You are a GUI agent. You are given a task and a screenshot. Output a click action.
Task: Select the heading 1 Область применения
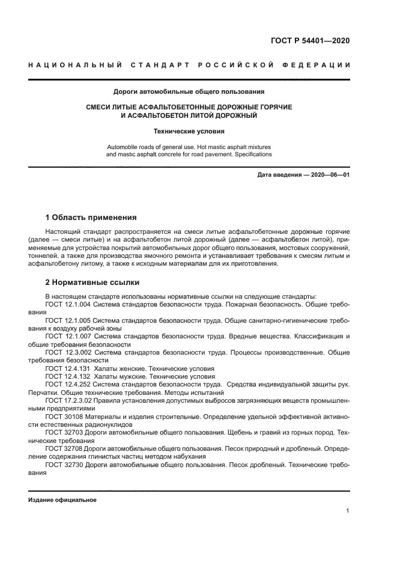(91, 218)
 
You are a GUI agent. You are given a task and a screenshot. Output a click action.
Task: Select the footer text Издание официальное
(62, 499)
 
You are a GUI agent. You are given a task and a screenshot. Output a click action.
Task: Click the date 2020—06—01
(329, 174)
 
